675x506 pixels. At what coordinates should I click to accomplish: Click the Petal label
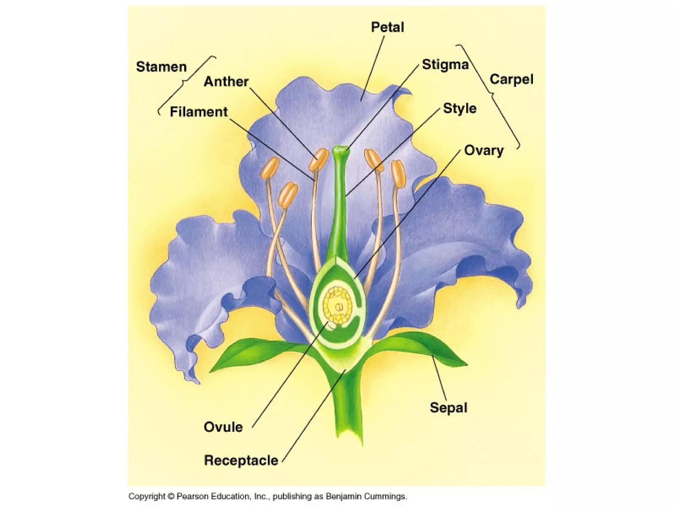pos(387,27)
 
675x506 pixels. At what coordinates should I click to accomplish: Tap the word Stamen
pos(161,67)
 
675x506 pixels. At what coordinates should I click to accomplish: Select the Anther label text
pos(226,82)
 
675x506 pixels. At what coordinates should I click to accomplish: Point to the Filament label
pos(198,112)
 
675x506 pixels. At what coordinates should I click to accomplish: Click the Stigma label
pos(445,65)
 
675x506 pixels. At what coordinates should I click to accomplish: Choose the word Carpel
pos(511,79)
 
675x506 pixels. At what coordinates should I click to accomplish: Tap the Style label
pos(459,108)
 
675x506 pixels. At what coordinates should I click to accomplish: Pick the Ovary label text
pos(484,151)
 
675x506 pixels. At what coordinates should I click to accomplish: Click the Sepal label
pos(449,408)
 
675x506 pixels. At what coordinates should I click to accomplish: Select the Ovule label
pos(223,427)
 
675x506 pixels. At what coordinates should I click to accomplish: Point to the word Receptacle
pos(241,460)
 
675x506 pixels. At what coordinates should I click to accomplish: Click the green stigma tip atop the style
pos(340,152)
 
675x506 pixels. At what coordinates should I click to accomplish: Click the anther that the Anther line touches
pos(319,159)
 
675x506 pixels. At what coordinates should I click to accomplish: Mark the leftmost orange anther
pos(271,168)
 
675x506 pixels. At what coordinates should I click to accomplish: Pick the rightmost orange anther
pos(398,174)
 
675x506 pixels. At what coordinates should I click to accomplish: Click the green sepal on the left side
pos(250,356)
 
